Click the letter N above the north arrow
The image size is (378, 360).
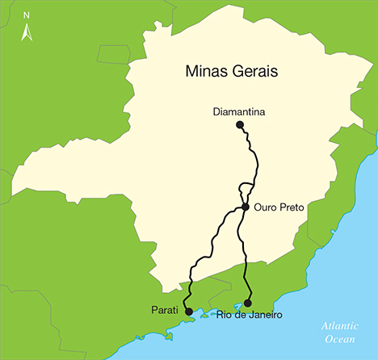(27, 15)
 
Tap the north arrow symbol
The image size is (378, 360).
(27, 31)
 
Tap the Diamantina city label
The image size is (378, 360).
(240, 111)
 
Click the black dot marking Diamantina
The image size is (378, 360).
(239, 124)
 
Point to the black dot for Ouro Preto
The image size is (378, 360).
(245, 207)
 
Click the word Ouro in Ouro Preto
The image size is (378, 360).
(265, 207)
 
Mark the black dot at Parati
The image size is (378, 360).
(188, 311)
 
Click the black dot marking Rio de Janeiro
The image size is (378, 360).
(247, 303)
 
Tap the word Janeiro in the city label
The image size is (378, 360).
(264, 315)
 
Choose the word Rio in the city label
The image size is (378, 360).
(225, 315)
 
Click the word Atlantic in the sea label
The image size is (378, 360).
(339, 325)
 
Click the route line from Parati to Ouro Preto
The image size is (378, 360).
(212, 242)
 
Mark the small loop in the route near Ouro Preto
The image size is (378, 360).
(241, 190)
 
